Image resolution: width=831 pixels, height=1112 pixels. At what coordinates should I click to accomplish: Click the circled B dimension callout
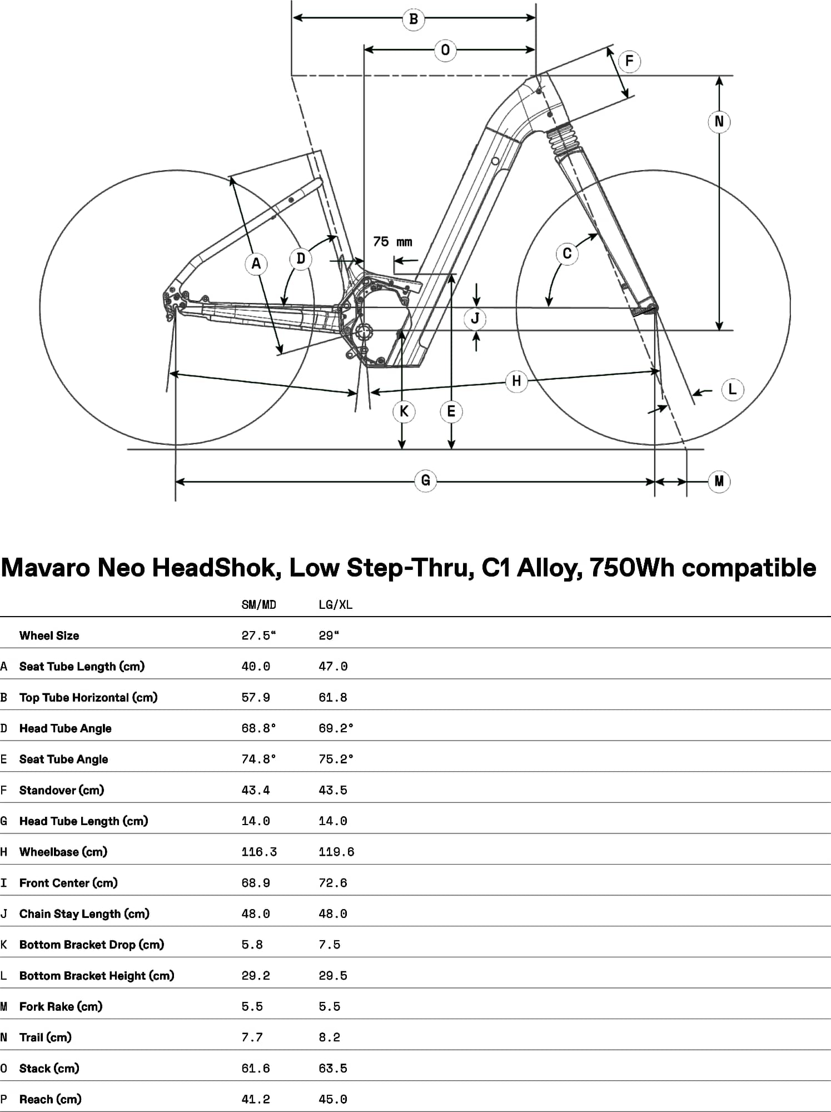click(414, 19)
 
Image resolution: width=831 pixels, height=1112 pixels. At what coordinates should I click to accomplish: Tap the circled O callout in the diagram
click(445, 50)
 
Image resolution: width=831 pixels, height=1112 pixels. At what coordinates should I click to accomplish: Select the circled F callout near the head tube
click(629, 61)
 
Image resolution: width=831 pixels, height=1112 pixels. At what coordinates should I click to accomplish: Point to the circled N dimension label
click(719, 121)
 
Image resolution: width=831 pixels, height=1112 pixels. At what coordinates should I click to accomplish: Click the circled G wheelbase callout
click(425, 480)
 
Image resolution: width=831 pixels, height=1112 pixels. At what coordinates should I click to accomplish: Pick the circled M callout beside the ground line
click(719, 481)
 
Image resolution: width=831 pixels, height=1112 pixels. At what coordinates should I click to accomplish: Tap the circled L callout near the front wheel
click(732, 389)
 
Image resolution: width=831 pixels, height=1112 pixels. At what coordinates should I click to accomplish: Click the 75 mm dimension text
click(392, 242)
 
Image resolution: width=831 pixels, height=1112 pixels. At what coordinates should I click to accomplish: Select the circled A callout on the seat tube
click(256, 264)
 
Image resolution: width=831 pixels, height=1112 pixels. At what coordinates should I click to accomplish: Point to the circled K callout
click(404, 411)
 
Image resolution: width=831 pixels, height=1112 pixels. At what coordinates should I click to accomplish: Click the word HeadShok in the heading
click(214, 568)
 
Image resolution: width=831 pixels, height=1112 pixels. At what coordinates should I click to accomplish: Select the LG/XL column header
click(335, 605)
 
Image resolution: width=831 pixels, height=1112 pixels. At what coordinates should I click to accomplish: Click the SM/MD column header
click(258, 605)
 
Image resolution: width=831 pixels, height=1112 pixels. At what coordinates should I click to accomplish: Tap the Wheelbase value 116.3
click(259, 852)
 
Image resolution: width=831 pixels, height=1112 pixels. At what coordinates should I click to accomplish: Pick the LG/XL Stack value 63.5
click(333, 1068)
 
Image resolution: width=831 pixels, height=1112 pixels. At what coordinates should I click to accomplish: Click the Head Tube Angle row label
click(66, 728)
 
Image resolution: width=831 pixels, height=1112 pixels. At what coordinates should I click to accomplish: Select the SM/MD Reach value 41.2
click(256, 1099)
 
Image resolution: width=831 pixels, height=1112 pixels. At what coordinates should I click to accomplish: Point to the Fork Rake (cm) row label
click(61, 1006)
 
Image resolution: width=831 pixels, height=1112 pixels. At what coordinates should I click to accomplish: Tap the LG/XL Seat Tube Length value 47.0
click(333, 666)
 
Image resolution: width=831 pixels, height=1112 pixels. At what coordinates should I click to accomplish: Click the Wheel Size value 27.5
click(258, 636)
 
